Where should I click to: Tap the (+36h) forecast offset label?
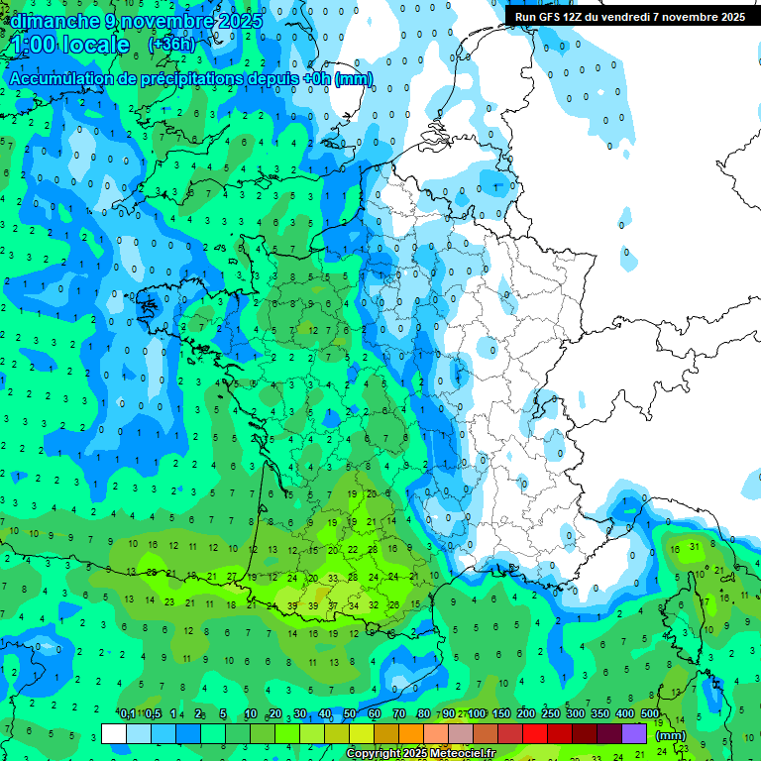click(171, 45)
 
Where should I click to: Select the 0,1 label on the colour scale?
click(128, 714)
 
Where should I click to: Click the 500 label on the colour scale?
click(650, 714)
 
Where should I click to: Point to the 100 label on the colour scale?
click(477, 714)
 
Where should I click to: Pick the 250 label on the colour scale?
click(551, 714)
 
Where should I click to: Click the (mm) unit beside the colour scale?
click(670, 735)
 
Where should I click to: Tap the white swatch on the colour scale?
click(114, 733)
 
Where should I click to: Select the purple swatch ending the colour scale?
click(634, 733)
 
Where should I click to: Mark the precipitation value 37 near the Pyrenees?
click(334, 605)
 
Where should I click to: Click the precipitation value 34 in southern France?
click(354, 605)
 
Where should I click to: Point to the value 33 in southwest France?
click(334, 578)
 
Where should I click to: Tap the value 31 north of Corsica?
click(696, 547)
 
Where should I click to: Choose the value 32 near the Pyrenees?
click(374, 604)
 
